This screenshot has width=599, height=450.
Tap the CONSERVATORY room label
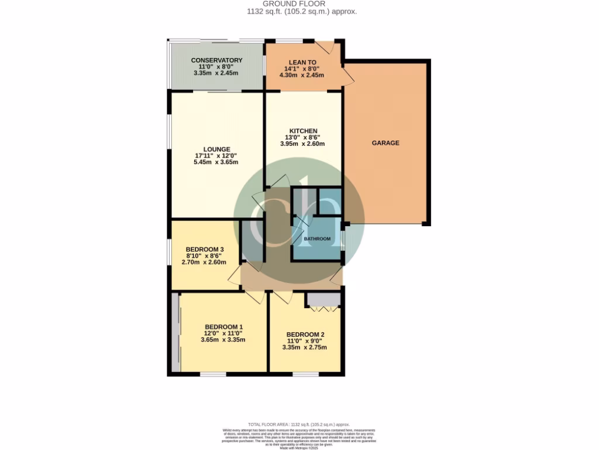click(216, 60)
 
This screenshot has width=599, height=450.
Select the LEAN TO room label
click(302, 62)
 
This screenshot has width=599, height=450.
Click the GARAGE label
click(385, 143)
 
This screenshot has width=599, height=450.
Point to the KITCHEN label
click(303, 131)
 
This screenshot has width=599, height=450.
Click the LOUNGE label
click(216, 149)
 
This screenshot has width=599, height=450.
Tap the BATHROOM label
click(316, 239)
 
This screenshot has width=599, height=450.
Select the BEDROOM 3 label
click(201, 248)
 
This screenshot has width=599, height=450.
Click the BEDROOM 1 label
click(223, 327)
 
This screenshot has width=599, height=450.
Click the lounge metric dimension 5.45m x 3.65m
click(216, 162)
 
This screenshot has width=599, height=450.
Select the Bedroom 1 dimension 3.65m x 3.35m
click(223, 340)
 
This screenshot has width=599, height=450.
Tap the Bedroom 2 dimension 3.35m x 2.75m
click(305, 347)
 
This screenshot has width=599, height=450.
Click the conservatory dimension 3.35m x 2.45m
click(216, 73)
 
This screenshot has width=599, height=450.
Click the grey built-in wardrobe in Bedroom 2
click(322, 301)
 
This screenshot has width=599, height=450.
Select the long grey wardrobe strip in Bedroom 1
click(175, 332)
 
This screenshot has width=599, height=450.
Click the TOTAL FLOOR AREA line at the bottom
click(299, 424)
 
